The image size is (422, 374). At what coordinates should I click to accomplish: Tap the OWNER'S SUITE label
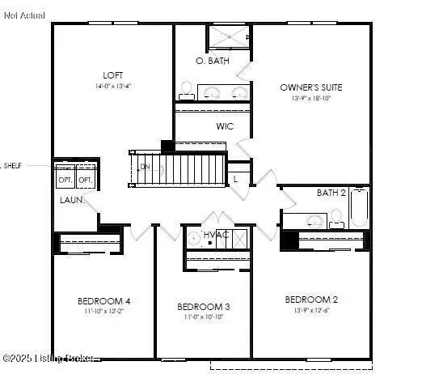(x=310, y=87)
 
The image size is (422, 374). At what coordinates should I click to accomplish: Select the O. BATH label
(x=212, y=62)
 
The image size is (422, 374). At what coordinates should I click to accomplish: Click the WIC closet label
(x=225, y=126)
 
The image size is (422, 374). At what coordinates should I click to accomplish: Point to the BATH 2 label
(x=331, y=193)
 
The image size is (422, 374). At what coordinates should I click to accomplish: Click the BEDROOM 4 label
(x=104, y=301)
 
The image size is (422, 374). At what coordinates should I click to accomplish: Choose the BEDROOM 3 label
(x=204, y=307)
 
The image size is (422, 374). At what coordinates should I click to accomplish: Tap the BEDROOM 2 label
(x=311, y=300)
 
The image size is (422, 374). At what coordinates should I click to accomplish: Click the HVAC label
(x=216, y=235)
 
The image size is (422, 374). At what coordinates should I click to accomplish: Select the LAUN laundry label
(x=70, y=200)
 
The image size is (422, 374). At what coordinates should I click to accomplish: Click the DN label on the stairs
(x=145, y=168)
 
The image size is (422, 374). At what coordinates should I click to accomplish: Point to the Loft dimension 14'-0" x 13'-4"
(x=112, y=85)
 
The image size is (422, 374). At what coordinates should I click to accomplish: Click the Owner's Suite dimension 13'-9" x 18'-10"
(x=310, y=97)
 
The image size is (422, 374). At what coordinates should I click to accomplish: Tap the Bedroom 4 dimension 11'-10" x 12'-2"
(x=104, y=311)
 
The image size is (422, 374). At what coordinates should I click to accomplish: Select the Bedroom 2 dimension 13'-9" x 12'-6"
(x=311, y=310)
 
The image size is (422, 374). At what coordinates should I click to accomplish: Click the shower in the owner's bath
(x=230, y=39)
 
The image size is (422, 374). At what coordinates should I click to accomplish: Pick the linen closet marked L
(x=235, y=177)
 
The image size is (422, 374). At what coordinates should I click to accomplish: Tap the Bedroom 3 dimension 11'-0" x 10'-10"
(x=204, y=317)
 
